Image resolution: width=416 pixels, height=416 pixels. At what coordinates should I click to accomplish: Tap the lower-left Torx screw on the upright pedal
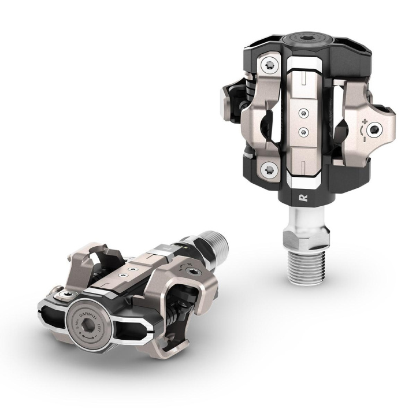pos(268,169)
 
